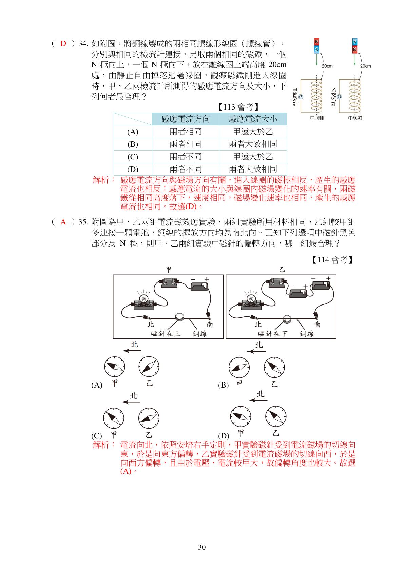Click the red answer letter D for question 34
click(63, 43)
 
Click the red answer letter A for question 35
click(63, 222)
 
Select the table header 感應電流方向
click(186, 119)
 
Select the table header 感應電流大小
click(253, 119)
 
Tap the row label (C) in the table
click(133, 157)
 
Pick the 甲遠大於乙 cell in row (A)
click(253, 132)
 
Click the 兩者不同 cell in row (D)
click(186, 169)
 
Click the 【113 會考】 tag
click(238, 107)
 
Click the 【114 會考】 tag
click(332, 260)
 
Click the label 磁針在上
click(166, 334)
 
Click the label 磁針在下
click(272, 334)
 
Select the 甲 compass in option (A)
click(115, 367)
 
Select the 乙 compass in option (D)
click(275, 416)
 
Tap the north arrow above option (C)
click(131, 402)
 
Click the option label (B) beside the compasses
click(223, 385)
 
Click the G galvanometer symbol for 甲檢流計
click(301, 97)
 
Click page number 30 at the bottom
click(202, 547)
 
